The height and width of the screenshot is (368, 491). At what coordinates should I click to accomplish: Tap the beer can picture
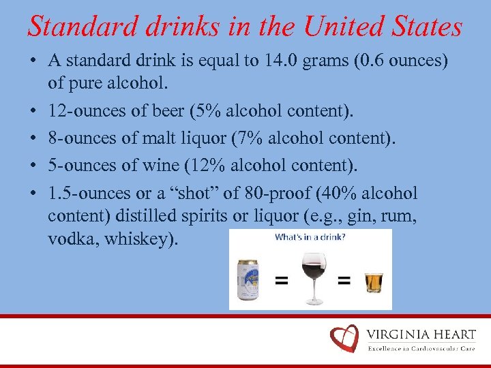[248, 279]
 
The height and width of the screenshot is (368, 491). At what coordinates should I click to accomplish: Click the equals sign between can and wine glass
[280, 280]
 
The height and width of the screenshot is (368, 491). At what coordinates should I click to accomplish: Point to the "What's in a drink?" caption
[310, 238]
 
